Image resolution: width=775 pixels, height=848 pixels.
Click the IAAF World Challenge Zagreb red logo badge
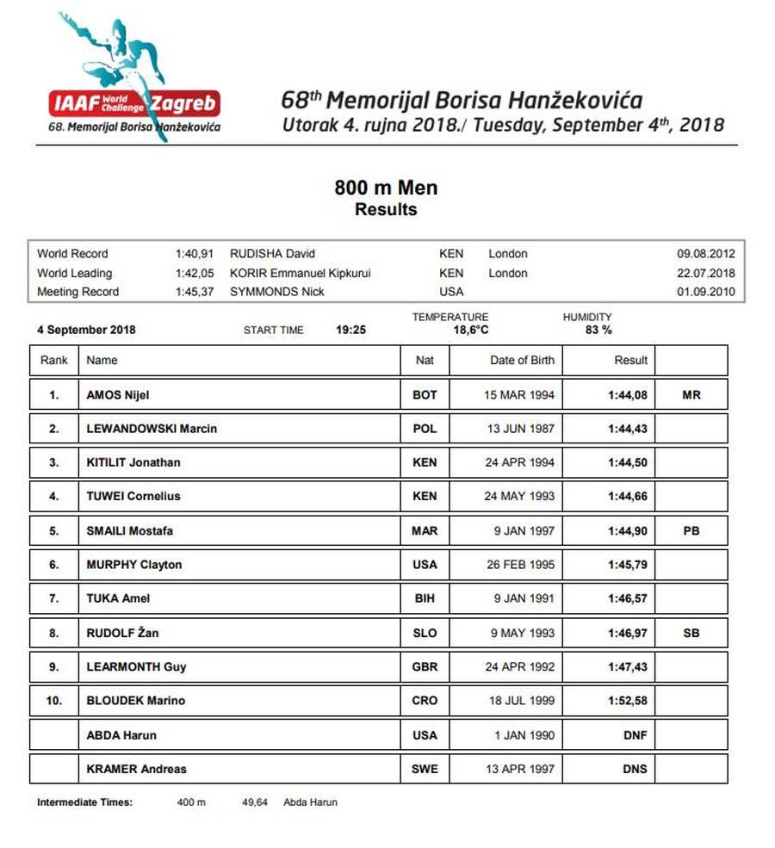click(x=134, y=103)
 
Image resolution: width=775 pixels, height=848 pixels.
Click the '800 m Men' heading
click(x=386, y=187)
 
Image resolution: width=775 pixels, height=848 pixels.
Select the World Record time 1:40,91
click(x=194, y=254)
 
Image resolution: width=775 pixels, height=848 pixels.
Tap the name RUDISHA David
click(x=272, y=254)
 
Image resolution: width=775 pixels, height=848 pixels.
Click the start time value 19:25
click(x=350, y=330)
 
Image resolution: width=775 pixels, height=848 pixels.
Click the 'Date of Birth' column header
click(x=522, y=360)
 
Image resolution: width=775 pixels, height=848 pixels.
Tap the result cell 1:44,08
click(x=628, y=395)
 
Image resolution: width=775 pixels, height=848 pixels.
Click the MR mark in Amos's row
click(x=691, y=395)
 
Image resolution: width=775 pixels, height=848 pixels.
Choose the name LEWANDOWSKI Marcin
click(x=152, y=429)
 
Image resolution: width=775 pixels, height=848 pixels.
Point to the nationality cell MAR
click(x=425, y=531)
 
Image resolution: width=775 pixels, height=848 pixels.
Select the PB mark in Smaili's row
click(x=691, y=531)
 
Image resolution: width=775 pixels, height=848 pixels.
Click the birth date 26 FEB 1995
click(x=519, y=565)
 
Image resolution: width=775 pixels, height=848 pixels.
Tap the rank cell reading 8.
click(x=54, y=633)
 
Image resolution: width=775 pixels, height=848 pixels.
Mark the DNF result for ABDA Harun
click(x=635, y=735)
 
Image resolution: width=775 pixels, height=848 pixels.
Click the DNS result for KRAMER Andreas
click(x=635, y=769)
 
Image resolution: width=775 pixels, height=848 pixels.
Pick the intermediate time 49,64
click(x=255, y=802)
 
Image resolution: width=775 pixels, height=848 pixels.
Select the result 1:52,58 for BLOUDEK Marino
click(x=628, y=701)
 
